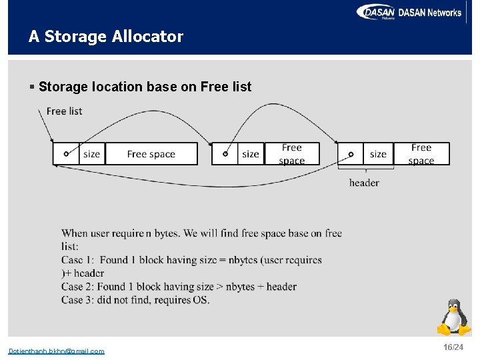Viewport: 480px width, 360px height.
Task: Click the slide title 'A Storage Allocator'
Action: tap(105, 37)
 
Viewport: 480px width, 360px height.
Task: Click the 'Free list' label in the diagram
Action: tap(65, 111)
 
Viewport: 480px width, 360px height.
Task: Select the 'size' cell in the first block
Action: tap(92, 154)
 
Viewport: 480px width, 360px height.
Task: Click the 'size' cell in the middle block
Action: tap(251, 154)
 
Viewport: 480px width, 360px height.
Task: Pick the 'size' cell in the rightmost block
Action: tap(378, 154)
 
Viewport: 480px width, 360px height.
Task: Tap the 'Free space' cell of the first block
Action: tap(151, 154)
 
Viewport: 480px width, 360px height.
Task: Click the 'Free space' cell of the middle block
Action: tap(291, 154)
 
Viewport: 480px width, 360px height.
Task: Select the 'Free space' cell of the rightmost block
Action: tap(421, 154)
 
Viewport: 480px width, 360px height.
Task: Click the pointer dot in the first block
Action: tap(66, 154)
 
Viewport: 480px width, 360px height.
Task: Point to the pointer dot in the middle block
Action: tap(225, 154)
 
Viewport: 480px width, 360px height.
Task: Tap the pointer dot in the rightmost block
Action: tap(351, 154)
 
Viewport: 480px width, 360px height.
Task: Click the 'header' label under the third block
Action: tap(364, 183)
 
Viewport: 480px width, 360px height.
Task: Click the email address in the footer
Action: tap(56, 351)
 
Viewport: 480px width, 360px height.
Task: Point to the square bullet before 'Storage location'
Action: tap(32, 87)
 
